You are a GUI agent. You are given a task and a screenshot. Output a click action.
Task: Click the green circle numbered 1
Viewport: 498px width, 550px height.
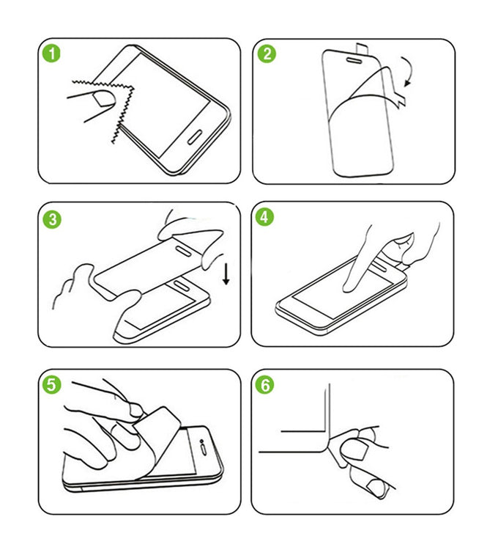click(51, 54)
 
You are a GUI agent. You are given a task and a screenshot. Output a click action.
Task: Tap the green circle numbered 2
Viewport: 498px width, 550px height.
click(267, 54)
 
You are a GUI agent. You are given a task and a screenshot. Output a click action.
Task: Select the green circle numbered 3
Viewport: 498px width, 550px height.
click(52, 219)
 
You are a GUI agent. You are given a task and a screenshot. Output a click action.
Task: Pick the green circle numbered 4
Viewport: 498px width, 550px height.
click(264, 217)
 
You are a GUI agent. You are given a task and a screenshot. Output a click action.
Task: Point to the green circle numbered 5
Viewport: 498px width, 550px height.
click(51, 384)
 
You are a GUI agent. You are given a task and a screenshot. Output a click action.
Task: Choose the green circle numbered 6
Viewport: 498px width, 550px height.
click(265, 385)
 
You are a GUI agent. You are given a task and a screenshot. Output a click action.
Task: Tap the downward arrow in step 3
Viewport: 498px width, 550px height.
click(226, 274)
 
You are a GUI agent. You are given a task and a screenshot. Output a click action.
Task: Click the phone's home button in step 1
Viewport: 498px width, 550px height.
click(195, 137)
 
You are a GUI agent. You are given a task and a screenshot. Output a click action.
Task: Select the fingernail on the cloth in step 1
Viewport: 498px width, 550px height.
click(105, 98)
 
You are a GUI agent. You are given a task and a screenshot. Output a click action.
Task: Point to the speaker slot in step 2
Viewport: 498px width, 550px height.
click(354, 61)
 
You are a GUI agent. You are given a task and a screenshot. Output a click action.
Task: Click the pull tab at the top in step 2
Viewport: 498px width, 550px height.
click(361, 49)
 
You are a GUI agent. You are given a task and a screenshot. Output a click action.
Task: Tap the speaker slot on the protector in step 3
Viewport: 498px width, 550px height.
click(182, 251)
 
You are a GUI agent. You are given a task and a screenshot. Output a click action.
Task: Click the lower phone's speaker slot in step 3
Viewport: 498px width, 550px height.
click(182, 285)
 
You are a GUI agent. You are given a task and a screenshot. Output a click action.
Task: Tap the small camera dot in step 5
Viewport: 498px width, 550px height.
click(201, 441)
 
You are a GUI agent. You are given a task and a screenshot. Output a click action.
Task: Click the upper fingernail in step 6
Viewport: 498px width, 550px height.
click(357, 450)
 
